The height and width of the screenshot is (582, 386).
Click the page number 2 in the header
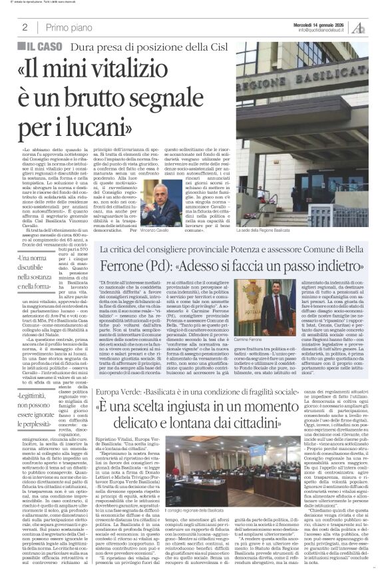click(25, 28)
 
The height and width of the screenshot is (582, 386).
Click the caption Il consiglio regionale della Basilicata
click(164, 511)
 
